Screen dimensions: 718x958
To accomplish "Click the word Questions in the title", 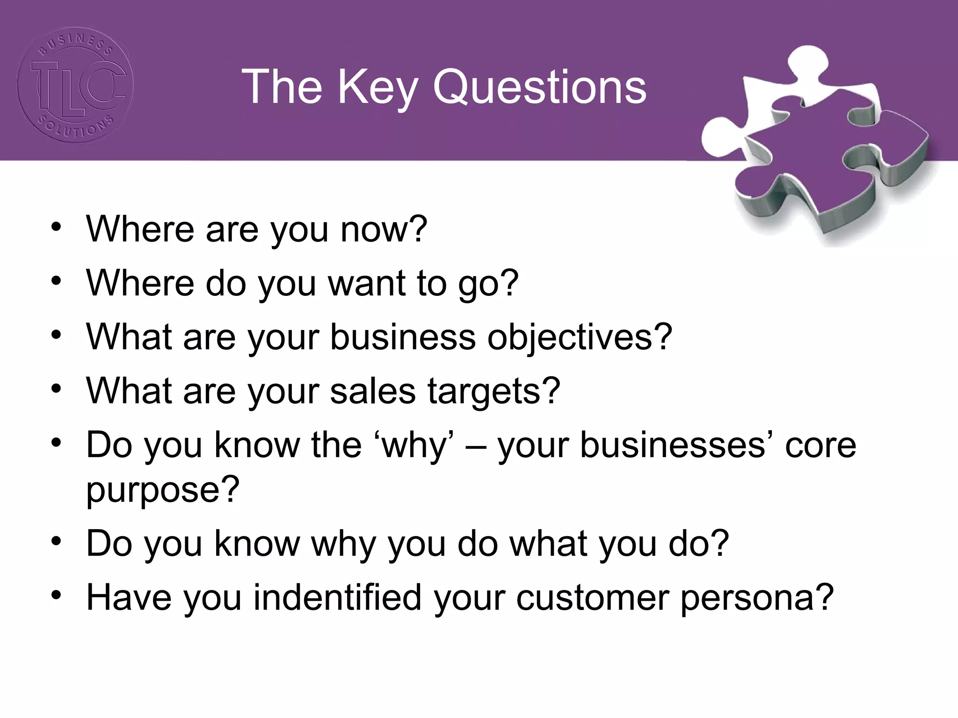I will [539, 87].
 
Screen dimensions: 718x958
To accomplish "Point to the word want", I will [367, 283].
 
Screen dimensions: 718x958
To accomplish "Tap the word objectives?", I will [579, 337].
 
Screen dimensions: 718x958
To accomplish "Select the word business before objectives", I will [403, 337].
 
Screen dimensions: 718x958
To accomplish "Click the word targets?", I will [494, 391].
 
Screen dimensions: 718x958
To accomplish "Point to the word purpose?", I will [162, 490].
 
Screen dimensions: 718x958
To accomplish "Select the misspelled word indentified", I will [337, 598].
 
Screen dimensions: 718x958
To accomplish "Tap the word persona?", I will [757, 598].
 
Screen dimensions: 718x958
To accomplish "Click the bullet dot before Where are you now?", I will [57, 227].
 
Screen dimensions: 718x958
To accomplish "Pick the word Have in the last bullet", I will [129, 598].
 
